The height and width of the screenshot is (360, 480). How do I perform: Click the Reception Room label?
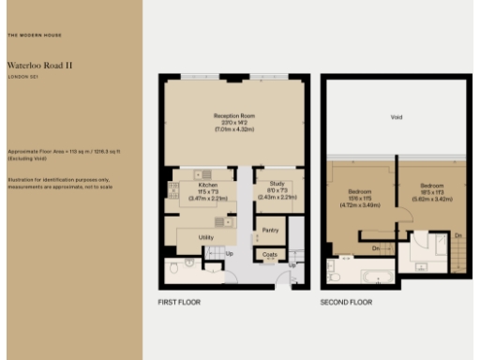click(x=233, y=116)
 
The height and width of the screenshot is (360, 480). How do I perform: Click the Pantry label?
click(x=271, y=230)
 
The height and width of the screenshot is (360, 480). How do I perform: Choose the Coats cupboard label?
click(x=271, y=254)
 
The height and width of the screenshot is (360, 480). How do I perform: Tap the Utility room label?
click(x=207, y=237)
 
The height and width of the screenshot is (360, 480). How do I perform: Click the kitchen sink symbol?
click(x=203, y=174)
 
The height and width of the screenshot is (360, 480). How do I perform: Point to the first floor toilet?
click(x=189, y=264)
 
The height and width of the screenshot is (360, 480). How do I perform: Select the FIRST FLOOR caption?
click(x=179, y=304)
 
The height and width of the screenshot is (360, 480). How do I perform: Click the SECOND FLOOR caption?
click(x=346, y=304)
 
